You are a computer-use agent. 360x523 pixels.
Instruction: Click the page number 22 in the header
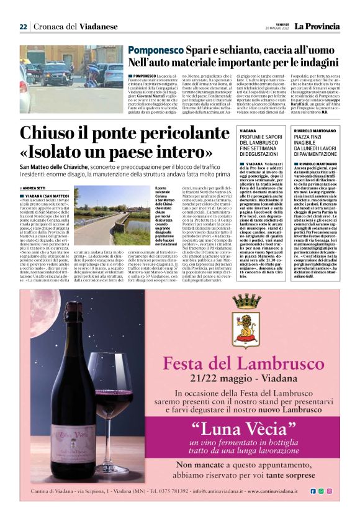pyautogui.click(x=23, y=26)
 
